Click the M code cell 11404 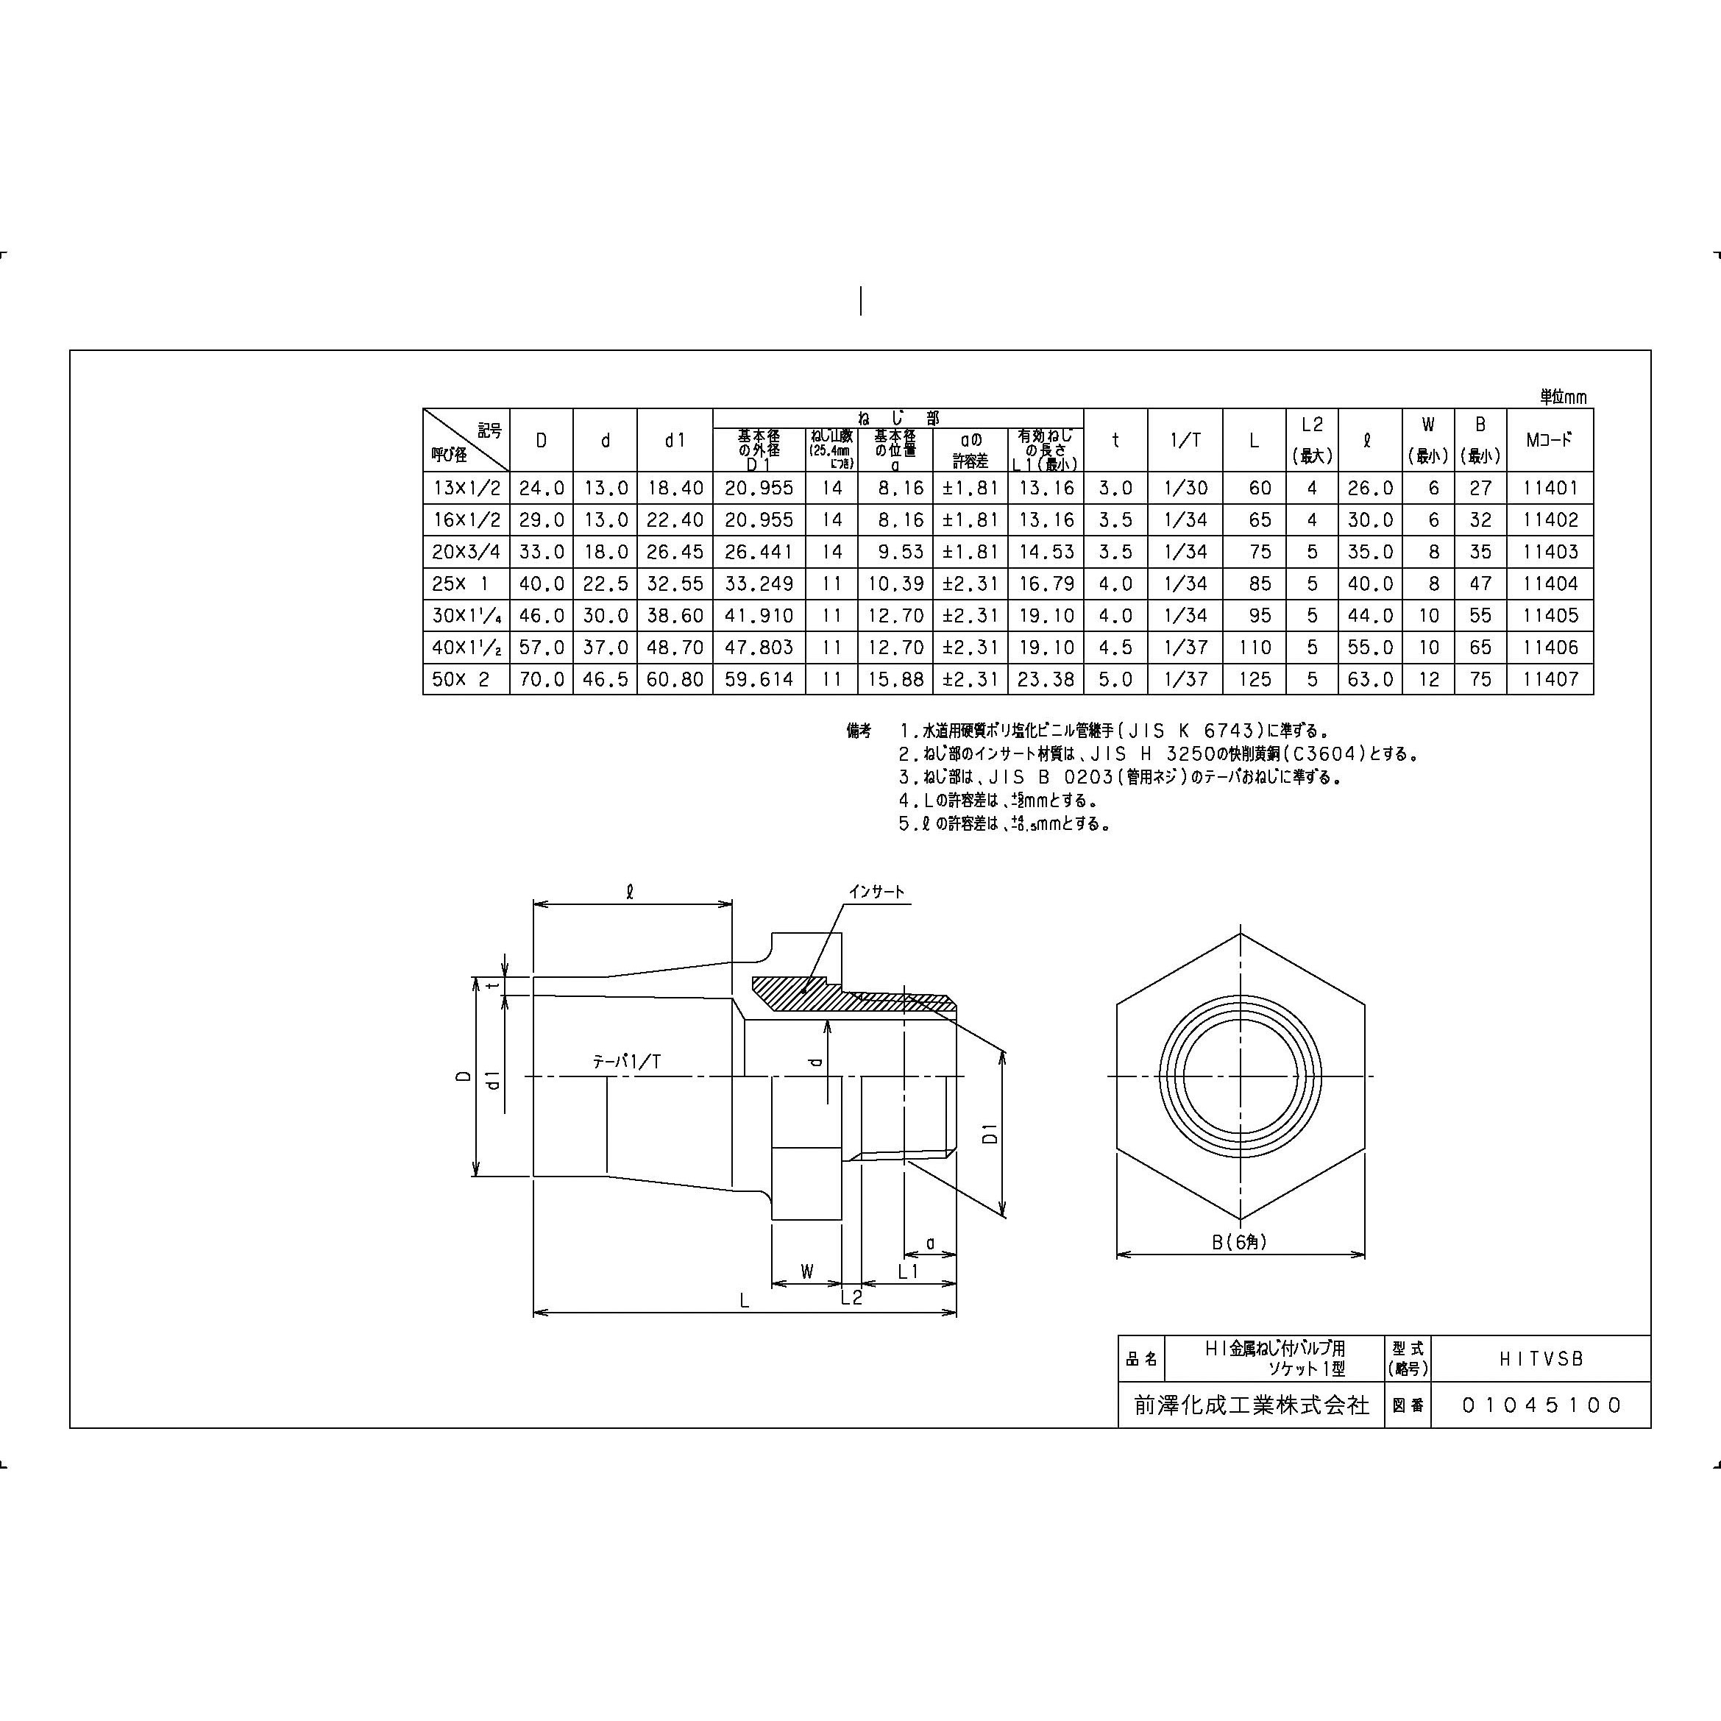coord(1550,583)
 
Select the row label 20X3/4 coord(465,551)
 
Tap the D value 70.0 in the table coord(542,679)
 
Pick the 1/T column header coord(1185,440)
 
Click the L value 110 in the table coord(1255,647)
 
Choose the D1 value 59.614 coord(759,679)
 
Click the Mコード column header coord(1550,440)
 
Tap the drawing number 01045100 coord(1541,1405)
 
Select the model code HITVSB coord(1541,1359)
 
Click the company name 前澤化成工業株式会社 coord(1252,1405)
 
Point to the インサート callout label coord(876,892)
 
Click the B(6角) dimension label coord(1239,1241)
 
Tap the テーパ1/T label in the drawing coord(627,1061)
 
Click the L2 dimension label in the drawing coord(851,1297)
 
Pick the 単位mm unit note coord(1564,397)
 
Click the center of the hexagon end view coord(1241,1076)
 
